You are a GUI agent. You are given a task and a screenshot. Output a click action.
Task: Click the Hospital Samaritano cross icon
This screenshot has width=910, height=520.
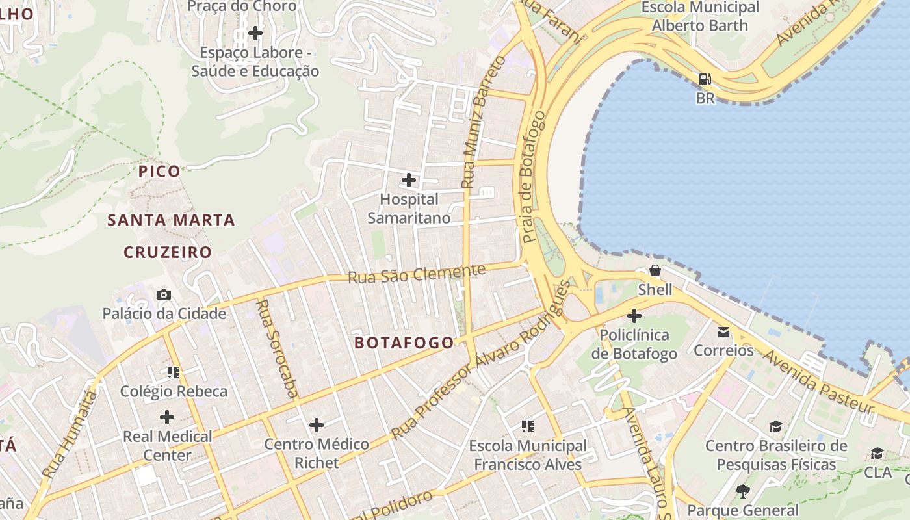[409, 180]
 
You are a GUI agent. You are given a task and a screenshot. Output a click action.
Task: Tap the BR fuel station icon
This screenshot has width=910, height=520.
[705, 80]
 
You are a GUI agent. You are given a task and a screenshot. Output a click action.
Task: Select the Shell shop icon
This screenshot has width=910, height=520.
[655, 270]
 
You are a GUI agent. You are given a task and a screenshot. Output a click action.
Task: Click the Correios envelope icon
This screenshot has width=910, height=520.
[723, 332]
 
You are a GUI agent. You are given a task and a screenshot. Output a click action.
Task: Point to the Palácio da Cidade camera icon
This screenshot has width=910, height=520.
[164, 295]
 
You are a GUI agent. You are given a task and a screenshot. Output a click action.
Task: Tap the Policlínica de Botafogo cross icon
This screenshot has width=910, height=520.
[634, 317]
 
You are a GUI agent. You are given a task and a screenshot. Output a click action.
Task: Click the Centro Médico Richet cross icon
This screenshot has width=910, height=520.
[317, 425]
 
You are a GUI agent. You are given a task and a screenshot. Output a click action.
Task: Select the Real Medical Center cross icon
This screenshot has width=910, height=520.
[167, 417]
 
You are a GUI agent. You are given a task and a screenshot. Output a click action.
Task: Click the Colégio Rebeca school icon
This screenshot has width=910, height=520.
[174, 372]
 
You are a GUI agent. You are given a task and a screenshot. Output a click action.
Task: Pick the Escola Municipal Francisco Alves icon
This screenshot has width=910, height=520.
[528, 426]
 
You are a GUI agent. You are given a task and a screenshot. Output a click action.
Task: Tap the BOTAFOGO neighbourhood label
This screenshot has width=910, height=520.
[404, 343]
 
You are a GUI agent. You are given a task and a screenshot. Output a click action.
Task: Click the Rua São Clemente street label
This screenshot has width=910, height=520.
[417, 274]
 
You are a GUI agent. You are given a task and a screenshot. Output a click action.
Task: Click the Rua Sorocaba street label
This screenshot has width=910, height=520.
[277, 348]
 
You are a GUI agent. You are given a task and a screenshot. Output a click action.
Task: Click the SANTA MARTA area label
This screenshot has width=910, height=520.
[171, 220]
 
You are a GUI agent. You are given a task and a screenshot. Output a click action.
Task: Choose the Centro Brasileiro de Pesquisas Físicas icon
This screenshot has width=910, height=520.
[775, 427]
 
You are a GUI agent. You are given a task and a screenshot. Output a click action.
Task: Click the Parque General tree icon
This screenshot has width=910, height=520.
[743, 491]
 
